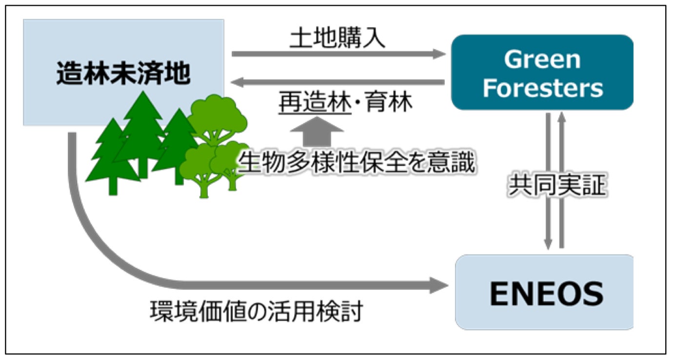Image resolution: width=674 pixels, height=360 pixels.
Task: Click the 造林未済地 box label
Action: tap(123, 75)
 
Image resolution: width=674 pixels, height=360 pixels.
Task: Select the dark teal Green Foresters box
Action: tap(542, 72)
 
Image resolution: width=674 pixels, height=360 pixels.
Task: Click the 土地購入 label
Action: tap(337, 39)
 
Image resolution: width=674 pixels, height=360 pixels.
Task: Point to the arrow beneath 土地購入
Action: tap(338, 54)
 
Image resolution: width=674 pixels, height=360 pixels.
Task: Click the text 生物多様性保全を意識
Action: tap(356, 163)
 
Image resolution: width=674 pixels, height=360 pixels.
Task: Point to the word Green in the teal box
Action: tap(542, 60)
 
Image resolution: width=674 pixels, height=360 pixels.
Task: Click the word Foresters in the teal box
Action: tap(542, 88)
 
